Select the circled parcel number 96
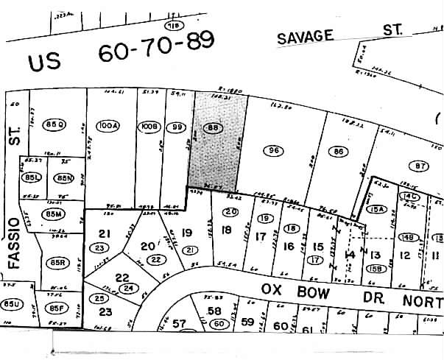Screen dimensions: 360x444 click(x=273, y=150)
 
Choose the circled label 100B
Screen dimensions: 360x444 click(x=147, y=127)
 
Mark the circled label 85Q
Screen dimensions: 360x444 click(x=54, y=123)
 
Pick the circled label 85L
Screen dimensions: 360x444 click(x=32, y=178)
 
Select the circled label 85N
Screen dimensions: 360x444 click(x=65, y=178)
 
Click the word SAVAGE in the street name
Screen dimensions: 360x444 click(x=306, y=36)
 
